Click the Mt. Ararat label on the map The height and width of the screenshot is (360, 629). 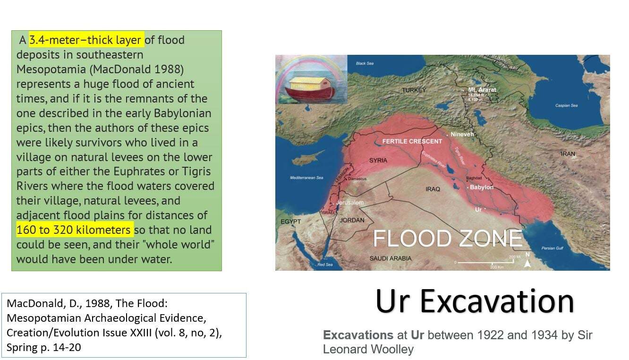[x=482, y=90]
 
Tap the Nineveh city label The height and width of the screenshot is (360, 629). [x=462, y=134]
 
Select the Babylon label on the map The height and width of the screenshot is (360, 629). [x=482, y=187]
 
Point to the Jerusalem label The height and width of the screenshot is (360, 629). [x=349, y=202]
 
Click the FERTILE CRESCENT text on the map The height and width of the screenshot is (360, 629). [x=412, y=141]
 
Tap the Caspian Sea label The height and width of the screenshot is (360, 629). [x=566, y=105]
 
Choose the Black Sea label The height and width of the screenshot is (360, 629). [x=365, y=63]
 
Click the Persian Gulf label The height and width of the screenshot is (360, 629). [x=552, y=248]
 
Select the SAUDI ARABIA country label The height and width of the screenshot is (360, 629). [x=391, y=258]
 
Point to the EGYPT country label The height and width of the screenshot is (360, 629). [x=290, y=222]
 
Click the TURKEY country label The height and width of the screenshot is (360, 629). [x=414, y=90]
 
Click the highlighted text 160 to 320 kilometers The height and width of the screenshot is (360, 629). [x=73, y=230]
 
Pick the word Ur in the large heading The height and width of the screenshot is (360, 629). [x=392, y=301]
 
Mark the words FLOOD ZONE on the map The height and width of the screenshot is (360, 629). [x=448, y=238]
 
